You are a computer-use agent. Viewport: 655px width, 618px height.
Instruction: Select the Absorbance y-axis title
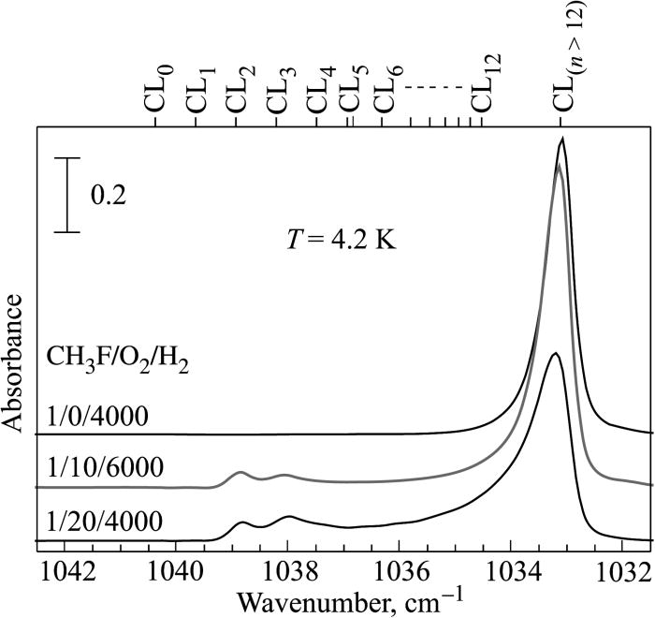[15, 361]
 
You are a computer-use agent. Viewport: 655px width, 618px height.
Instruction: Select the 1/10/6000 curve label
[98, 466]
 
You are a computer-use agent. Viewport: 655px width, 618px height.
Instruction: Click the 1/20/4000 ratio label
[98, 520]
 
